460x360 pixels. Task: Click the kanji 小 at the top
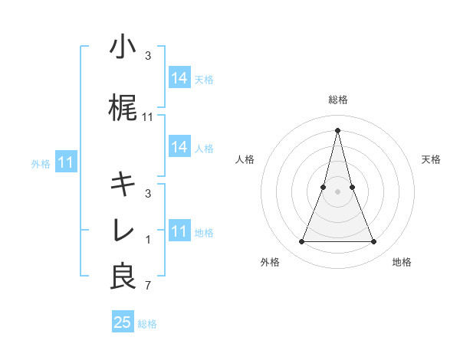coord(123,47)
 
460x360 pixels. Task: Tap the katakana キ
coord(123,185)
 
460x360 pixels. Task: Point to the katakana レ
coord(123,231)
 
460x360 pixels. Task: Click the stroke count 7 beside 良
coord(148,286)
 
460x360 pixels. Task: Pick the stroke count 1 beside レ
coord(148,240)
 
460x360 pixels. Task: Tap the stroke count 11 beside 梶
coord(148,116)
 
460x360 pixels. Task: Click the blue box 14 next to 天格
coord(179,78)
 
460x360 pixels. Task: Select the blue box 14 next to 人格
coord(179,148)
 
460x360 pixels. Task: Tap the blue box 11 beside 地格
coord(179,231)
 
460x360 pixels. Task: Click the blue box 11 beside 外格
coord(65,162)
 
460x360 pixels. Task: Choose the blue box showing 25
coord(123,322)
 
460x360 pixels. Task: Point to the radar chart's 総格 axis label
coord(338,100)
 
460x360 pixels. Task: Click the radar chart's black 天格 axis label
coord(432,159)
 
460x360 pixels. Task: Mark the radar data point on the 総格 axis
coord(337,129)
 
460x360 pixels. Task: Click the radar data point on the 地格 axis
coord(374,242)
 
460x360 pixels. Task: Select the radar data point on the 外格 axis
coord(301,242)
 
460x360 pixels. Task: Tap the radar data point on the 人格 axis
coord(324,187)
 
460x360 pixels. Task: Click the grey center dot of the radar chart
coord(337,191)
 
